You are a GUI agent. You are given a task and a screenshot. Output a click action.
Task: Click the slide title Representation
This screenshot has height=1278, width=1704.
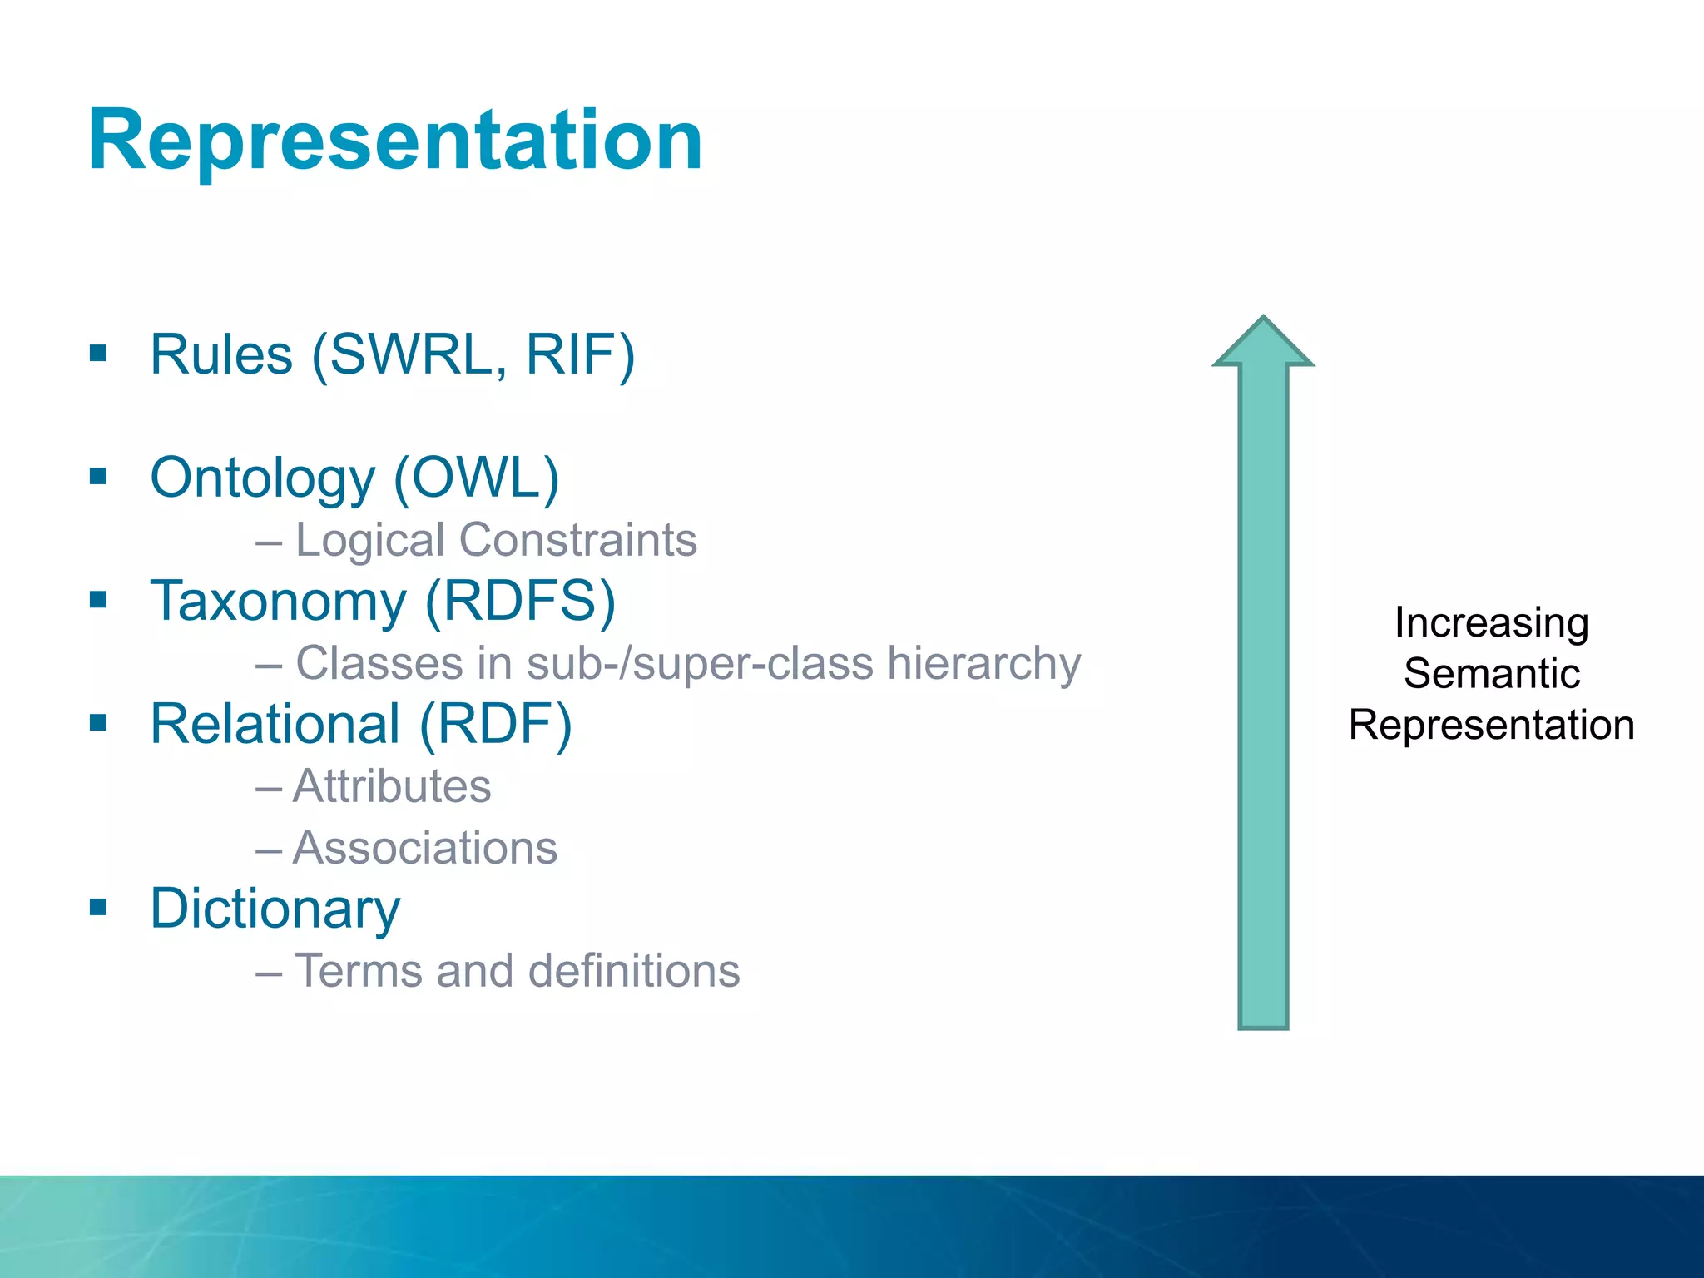[395, 141]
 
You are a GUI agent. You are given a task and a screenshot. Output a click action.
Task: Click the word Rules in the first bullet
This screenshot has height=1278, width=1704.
[221, 356]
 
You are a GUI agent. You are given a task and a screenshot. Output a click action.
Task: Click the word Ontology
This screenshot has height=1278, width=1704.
[263, 480]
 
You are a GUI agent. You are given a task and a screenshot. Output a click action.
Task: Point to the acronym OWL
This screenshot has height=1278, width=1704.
[477, 478]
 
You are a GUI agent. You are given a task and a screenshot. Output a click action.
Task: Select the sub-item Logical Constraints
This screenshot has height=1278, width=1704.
[495, 540]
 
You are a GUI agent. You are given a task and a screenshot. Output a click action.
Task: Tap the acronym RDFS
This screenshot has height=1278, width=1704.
[520, 601]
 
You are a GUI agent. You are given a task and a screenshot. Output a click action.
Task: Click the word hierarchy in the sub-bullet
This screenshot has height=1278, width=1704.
[983, 664]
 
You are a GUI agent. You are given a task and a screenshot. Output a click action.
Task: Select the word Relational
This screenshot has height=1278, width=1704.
[275, 724]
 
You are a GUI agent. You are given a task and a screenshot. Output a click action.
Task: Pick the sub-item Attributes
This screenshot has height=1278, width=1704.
[392, 786]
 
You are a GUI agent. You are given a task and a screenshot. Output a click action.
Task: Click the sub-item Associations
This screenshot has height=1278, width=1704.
[425, 848]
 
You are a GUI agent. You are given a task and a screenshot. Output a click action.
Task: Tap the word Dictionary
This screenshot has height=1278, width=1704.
[275, 909]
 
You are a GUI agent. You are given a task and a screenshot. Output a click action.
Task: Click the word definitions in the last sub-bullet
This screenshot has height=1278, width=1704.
[633, 971]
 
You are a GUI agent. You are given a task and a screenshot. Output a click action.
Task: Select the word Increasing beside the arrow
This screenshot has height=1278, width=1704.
[1491, 622]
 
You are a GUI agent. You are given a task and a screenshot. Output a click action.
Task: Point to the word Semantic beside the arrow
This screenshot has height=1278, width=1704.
[1491, 674]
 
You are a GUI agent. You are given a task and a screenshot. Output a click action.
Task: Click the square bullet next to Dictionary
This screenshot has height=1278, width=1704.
[99, 907]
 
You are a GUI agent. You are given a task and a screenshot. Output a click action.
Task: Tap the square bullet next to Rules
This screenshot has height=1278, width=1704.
[99, 354]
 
